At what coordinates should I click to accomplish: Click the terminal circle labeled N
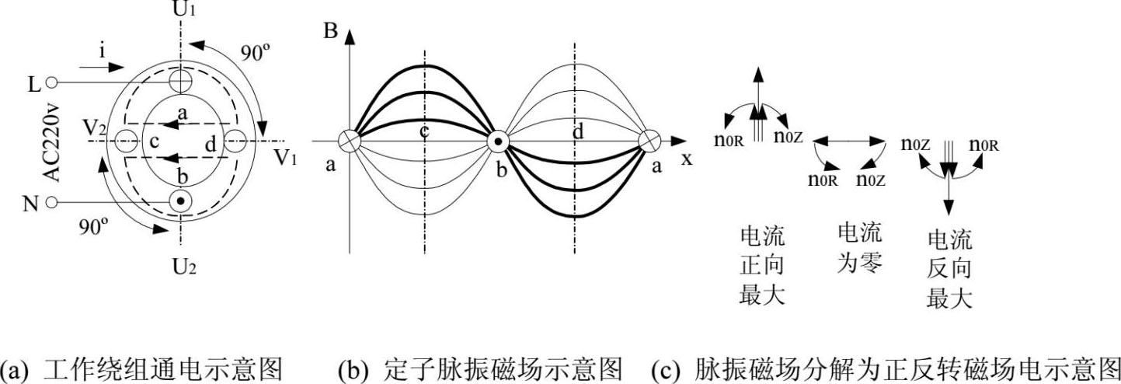[52, 203]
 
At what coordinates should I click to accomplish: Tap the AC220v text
[51, 144]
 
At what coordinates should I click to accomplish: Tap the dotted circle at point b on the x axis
[498, 141]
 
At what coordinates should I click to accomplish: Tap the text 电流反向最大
[949, 269]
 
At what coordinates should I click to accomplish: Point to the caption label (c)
[665, 366]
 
